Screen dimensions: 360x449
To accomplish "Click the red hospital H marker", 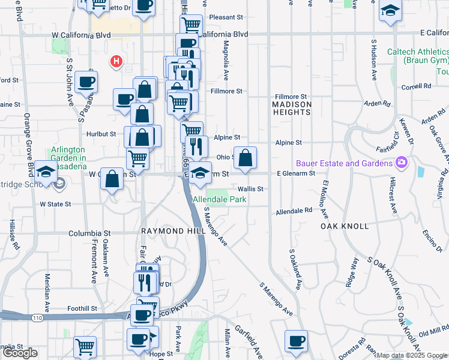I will [x=116, y=61].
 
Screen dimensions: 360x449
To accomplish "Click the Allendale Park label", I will [x=219, y=199].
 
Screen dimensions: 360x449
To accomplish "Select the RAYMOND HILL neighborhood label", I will [x=165, y=231].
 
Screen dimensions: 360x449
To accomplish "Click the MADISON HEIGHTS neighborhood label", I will [x=292, y=109].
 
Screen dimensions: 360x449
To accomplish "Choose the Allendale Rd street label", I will [x=294, y=211].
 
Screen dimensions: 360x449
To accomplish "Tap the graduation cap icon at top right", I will [x=390, y=11].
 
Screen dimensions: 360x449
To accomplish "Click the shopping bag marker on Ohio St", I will [x=245, y=158].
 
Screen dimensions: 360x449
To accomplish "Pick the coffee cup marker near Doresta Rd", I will [x=295, y=342].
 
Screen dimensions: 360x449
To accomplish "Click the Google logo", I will [x=20, y=353].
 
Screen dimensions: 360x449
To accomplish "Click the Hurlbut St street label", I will [x=100, y=134].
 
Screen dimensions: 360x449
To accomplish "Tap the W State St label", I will [x=55, y=204].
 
